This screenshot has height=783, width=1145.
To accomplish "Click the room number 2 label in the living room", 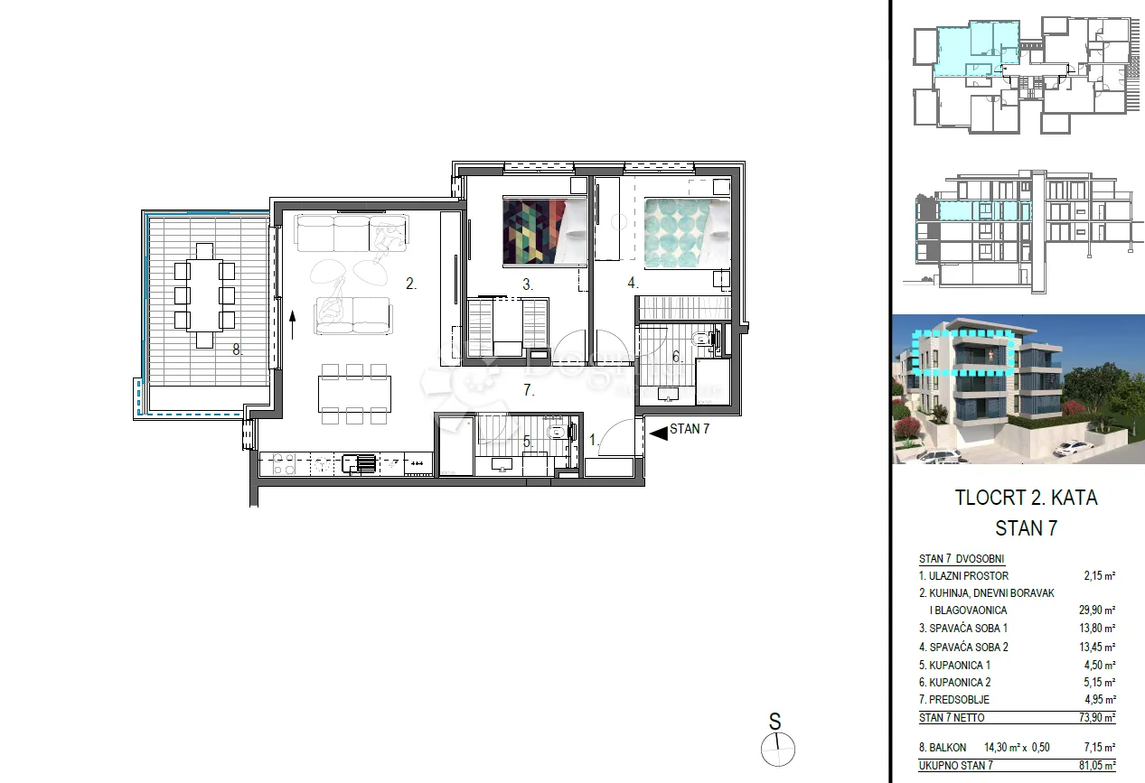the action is point(411,284).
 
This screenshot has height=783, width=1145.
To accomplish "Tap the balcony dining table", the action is point(204,295).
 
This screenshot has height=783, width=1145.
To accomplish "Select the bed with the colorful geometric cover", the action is point(544,231).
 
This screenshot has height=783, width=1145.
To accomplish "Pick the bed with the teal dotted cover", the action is point(687,233).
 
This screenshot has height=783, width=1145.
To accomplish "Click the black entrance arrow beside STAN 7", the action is point(659,433).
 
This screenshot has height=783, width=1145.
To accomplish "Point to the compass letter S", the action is point(774,722).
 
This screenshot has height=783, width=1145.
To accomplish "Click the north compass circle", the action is point(778,750).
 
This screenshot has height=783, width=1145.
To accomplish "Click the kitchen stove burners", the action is point(284,464).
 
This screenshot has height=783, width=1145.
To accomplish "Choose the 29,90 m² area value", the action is point(1097,610).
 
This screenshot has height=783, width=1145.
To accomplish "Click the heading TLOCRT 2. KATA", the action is point(1026,498).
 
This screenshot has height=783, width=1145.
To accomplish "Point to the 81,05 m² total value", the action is point(1097,765).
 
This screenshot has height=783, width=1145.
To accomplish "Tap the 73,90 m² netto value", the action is point(1097,717).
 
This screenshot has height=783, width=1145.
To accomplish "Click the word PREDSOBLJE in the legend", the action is point(959,699).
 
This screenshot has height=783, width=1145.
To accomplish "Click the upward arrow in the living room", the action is point(293,325).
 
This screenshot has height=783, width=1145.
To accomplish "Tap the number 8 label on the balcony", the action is point(237,350).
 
